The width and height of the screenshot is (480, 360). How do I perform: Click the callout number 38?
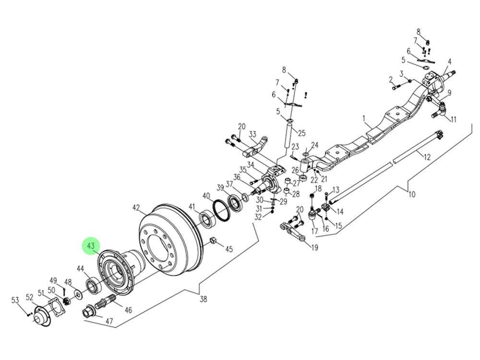[204, 299]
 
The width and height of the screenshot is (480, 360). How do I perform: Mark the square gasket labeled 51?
[56, 308]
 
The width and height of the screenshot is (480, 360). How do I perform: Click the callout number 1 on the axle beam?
[364, 118]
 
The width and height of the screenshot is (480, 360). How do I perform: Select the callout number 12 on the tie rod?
[427, 156]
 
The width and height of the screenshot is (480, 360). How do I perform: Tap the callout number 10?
[411, 195]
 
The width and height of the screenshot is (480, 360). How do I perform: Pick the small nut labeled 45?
[213, 240]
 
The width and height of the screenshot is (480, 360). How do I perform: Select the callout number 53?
[15, 300]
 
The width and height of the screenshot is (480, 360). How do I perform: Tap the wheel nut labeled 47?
[89, 313]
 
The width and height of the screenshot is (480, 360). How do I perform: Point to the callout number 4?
[450, 62]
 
